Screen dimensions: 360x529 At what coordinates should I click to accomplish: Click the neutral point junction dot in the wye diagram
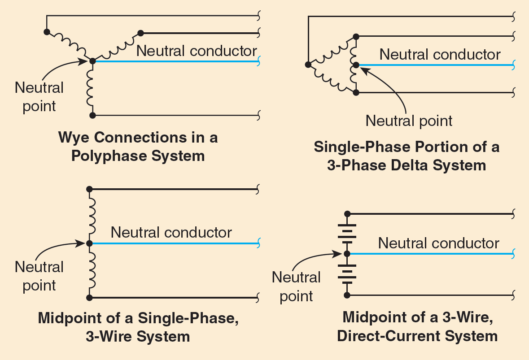click(x=92, y=61)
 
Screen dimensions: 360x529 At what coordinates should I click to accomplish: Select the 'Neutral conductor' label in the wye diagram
click(x=197, y=51)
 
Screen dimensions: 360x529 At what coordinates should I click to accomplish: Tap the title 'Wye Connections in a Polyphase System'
click(x=138, y=146)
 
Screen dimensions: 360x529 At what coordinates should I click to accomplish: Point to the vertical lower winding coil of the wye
click(x=92, y=88)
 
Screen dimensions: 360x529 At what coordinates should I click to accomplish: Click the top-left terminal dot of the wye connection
click(x=46, y=32)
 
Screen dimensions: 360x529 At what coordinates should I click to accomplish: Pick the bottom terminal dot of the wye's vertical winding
click(x=92, y=115)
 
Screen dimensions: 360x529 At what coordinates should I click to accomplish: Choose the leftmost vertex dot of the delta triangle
click(x=308, y=64)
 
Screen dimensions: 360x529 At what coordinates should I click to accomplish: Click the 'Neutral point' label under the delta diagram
click(x=409, y=121)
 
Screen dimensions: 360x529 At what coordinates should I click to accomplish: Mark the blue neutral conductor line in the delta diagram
click(x=435, y=65)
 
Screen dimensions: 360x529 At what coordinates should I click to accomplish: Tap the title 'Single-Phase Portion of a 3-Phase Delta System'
click(x=406, y=156)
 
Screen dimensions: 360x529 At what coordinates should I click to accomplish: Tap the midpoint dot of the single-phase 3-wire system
click(x=89, y=243)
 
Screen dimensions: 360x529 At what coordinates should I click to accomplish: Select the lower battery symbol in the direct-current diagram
click(x=346, y=274)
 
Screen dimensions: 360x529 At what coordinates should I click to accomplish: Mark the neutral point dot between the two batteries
click(x=346, y=254)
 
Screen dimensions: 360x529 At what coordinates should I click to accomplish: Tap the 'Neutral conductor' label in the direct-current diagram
click(x=438, y=243)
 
